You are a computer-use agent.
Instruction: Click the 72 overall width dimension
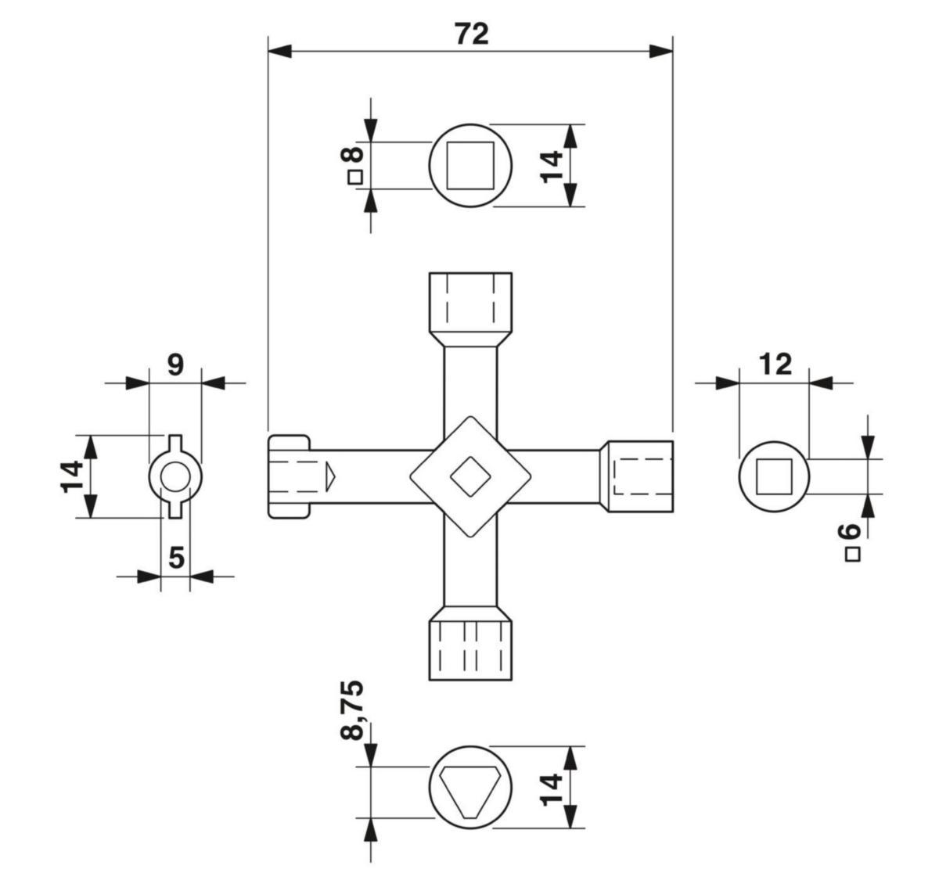[472, 34]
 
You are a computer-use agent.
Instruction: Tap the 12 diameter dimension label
[775, 365]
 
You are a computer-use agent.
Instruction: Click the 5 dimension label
[176, 558]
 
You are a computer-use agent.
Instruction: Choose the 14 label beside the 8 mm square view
[552, 167]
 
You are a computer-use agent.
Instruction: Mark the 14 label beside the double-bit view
[72, 477]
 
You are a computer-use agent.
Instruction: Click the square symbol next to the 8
[355, 178]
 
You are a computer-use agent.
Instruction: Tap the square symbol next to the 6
[852, 555]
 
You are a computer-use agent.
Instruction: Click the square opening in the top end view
[470, 166]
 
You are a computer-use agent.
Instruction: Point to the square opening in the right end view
[774, 476]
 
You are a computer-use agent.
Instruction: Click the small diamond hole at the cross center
[470, 476]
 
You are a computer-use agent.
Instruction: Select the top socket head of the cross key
[470, 303]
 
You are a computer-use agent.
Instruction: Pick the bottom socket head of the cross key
[470, 650]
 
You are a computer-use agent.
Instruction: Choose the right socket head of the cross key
[636, 476]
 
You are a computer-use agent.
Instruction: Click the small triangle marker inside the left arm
[329, 476]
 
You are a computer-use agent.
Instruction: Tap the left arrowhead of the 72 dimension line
[279, 52]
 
